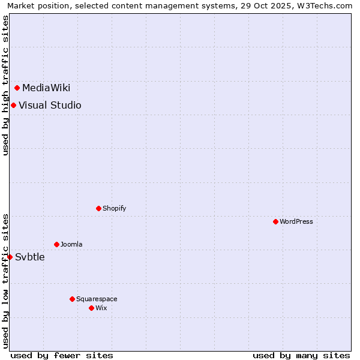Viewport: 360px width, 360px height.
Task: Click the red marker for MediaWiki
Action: point(17,88)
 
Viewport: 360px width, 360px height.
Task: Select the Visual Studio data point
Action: point(13,106)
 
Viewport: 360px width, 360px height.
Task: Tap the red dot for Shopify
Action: point(99,208)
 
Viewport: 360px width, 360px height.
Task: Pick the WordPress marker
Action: point(276,221)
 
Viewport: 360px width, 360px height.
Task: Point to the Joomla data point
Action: point(57,244)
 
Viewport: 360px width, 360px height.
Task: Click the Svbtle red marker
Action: point(10,257)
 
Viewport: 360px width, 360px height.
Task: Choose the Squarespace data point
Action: point(73,299)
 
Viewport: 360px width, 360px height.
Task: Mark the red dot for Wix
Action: point(92,308)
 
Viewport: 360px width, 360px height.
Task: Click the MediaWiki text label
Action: point(46,88)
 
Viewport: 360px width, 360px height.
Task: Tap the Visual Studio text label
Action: point(50,106)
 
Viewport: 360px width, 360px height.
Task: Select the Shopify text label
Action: point(114,208)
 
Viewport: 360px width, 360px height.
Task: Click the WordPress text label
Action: point(296,221)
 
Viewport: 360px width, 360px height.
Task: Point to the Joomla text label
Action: point(71,244)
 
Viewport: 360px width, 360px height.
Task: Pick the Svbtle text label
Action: point(30,257)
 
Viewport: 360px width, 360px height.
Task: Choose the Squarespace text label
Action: point(97,299)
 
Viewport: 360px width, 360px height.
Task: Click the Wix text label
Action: point(101,308)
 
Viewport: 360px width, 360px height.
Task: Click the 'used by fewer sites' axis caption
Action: point(62,355)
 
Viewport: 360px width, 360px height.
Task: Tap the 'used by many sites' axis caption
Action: point(301,355)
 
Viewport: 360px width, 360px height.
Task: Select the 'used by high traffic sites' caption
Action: point(5,85)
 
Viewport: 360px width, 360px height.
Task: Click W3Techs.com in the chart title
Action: point(326,5)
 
